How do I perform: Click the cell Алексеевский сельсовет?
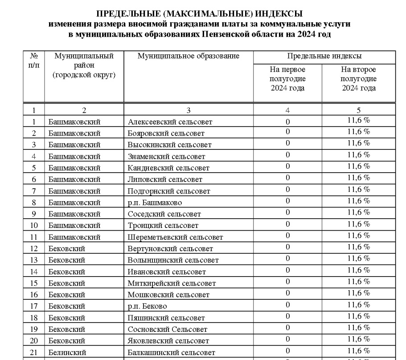pos(170,122)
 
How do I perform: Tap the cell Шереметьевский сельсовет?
pos(175,237)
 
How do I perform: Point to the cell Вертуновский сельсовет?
pos(170,249)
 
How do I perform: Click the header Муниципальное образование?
pos(189,56)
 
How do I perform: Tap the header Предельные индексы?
pos(324,57)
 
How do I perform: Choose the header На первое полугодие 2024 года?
pos(287,79)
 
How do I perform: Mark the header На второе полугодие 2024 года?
pos(358,79)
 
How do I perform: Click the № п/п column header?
pos(34,60)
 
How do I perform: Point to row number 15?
pos(34,283)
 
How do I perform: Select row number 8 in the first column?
pos(34,203)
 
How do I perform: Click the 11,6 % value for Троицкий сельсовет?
pos(359,223)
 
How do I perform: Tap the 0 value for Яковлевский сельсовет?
pos(287,339)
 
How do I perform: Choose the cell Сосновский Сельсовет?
pos(168,330)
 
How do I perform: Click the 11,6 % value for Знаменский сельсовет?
pos(359,154)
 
